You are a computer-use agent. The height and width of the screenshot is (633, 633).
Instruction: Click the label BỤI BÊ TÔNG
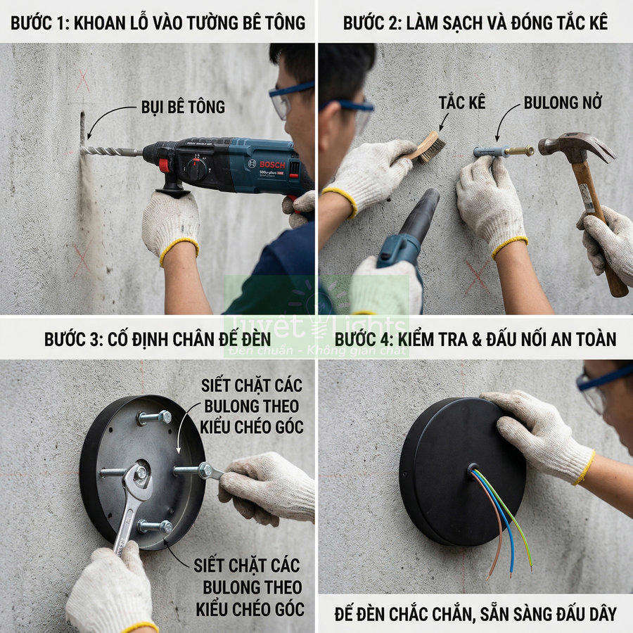pos(182,107)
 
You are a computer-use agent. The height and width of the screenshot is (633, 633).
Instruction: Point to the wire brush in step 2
pos(430,147)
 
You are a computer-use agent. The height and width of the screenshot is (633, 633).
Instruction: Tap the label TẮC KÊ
pos(462,103)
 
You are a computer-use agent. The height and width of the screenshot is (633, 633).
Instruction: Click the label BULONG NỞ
pos(563,103)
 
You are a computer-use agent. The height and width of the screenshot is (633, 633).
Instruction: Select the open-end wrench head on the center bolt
pos(136,478)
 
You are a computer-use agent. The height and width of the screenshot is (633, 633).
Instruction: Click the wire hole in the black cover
pos(471,468)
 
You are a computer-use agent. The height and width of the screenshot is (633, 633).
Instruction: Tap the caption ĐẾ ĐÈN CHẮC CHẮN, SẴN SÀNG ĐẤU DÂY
pos(475,613)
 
